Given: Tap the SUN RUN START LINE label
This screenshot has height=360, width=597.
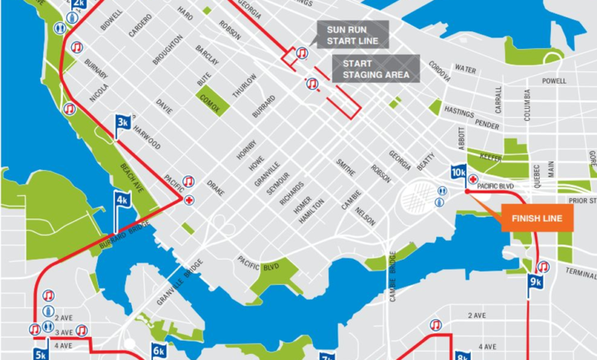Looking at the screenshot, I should (x=352, y=34).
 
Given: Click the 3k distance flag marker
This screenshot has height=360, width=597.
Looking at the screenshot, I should (x=122, y=123).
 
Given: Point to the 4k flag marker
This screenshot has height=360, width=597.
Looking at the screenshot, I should (x=122, y=201).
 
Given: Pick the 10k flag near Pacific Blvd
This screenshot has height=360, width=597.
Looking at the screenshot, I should (x=458, y=172).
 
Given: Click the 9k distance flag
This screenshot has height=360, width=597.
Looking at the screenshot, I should (x=535, y=282).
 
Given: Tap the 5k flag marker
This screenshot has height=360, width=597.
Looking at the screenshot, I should (x=41, y=353).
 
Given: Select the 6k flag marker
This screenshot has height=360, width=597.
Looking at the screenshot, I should (x=158, y=352).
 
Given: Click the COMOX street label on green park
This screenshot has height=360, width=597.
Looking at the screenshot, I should (x=208, y=101).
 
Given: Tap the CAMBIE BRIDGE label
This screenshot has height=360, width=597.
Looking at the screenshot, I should (x=393, y=277).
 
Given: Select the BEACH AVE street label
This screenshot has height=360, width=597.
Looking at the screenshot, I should (x=132, y=178).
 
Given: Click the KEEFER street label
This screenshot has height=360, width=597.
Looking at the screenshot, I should (x=491, y=156).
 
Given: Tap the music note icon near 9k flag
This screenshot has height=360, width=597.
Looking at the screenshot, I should (x=543, y=267).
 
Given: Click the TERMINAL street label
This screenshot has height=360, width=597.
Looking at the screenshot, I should (x=580, y=272).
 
